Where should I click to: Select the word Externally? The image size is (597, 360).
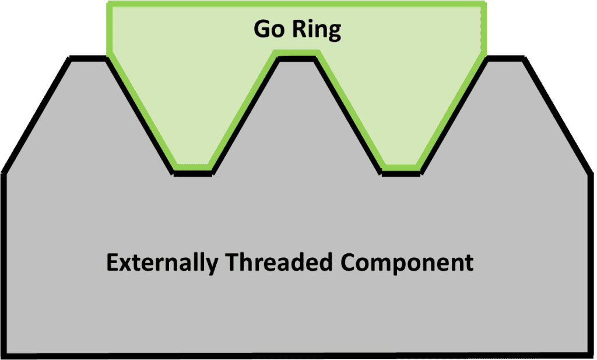point(161,263)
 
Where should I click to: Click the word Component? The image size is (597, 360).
point(407,263)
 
